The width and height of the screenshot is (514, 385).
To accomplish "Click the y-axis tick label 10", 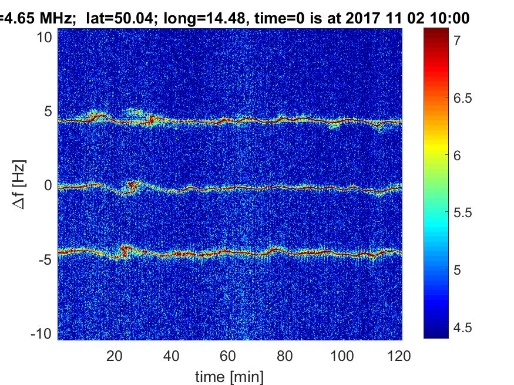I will (46, 38).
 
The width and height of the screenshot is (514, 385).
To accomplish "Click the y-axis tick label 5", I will (49, 112).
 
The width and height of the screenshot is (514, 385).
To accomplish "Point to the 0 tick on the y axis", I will (49, 185).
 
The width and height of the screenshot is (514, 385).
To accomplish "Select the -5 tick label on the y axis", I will (46, 259).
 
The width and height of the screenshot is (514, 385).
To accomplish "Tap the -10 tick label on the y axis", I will (43, 333).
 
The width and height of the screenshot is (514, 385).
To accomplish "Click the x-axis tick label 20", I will (115, 355).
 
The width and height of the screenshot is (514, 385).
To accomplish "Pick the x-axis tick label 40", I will (172, 355).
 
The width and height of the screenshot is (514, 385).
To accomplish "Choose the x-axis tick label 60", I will (229, 355).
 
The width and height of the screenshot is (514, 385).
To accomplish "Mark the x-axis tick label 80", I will (285, 355).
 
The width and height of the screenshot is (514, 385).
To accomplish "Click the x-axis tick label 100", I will (342, 355).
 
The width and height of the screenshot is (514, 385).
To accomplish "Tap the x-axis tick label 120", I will (399, 355).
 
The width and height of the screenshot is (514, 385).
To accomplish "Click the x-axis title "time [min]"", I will (230, 375).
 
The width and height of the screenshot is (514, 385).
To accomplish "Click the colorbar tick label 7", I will (456, 40).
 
